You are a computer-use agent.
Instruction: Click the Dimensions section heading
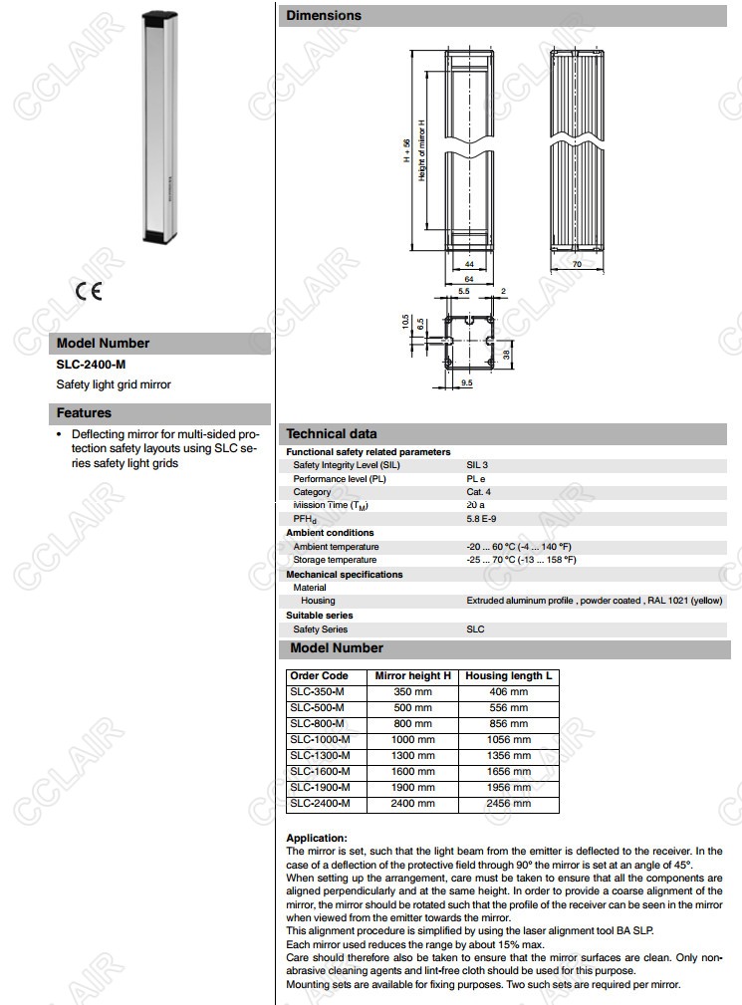tap(324, 16)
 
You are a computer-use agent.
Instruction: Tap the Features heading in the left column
tap(84, 413)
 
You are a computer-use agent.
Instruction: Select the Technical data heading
tap(332, 433)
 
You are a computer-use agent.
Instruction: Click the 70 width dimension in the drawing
tap(578, 264)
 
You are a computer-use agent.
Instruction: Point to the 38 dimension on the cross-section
tap(506, 354)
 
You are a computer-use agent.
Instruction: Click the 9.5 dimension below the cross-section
tap(467, 382)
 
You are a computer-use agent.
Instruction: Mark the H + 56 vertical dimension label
tap(406, 149)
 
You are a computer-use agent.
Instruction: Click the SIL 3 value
tap(477, 465)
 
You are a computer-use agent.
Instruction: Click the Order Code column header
tap(319, 675)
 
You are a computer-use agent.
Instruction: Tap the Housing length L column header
tap(508, 675)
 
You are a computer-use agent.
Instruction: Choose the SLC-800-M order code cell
tap(317, 723)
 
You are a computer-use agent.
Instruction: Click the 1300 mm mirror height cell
tap(413, 755)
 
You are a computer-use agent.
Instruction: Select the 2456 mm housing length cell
tap(508, 803)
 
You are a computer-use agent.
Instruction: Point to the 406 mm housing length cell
tap(508, 691)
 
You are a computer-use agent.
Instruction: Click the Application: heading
tap(317, 839)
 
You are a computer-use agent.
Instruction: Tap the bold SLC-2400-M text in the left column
tap(91, 365)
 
